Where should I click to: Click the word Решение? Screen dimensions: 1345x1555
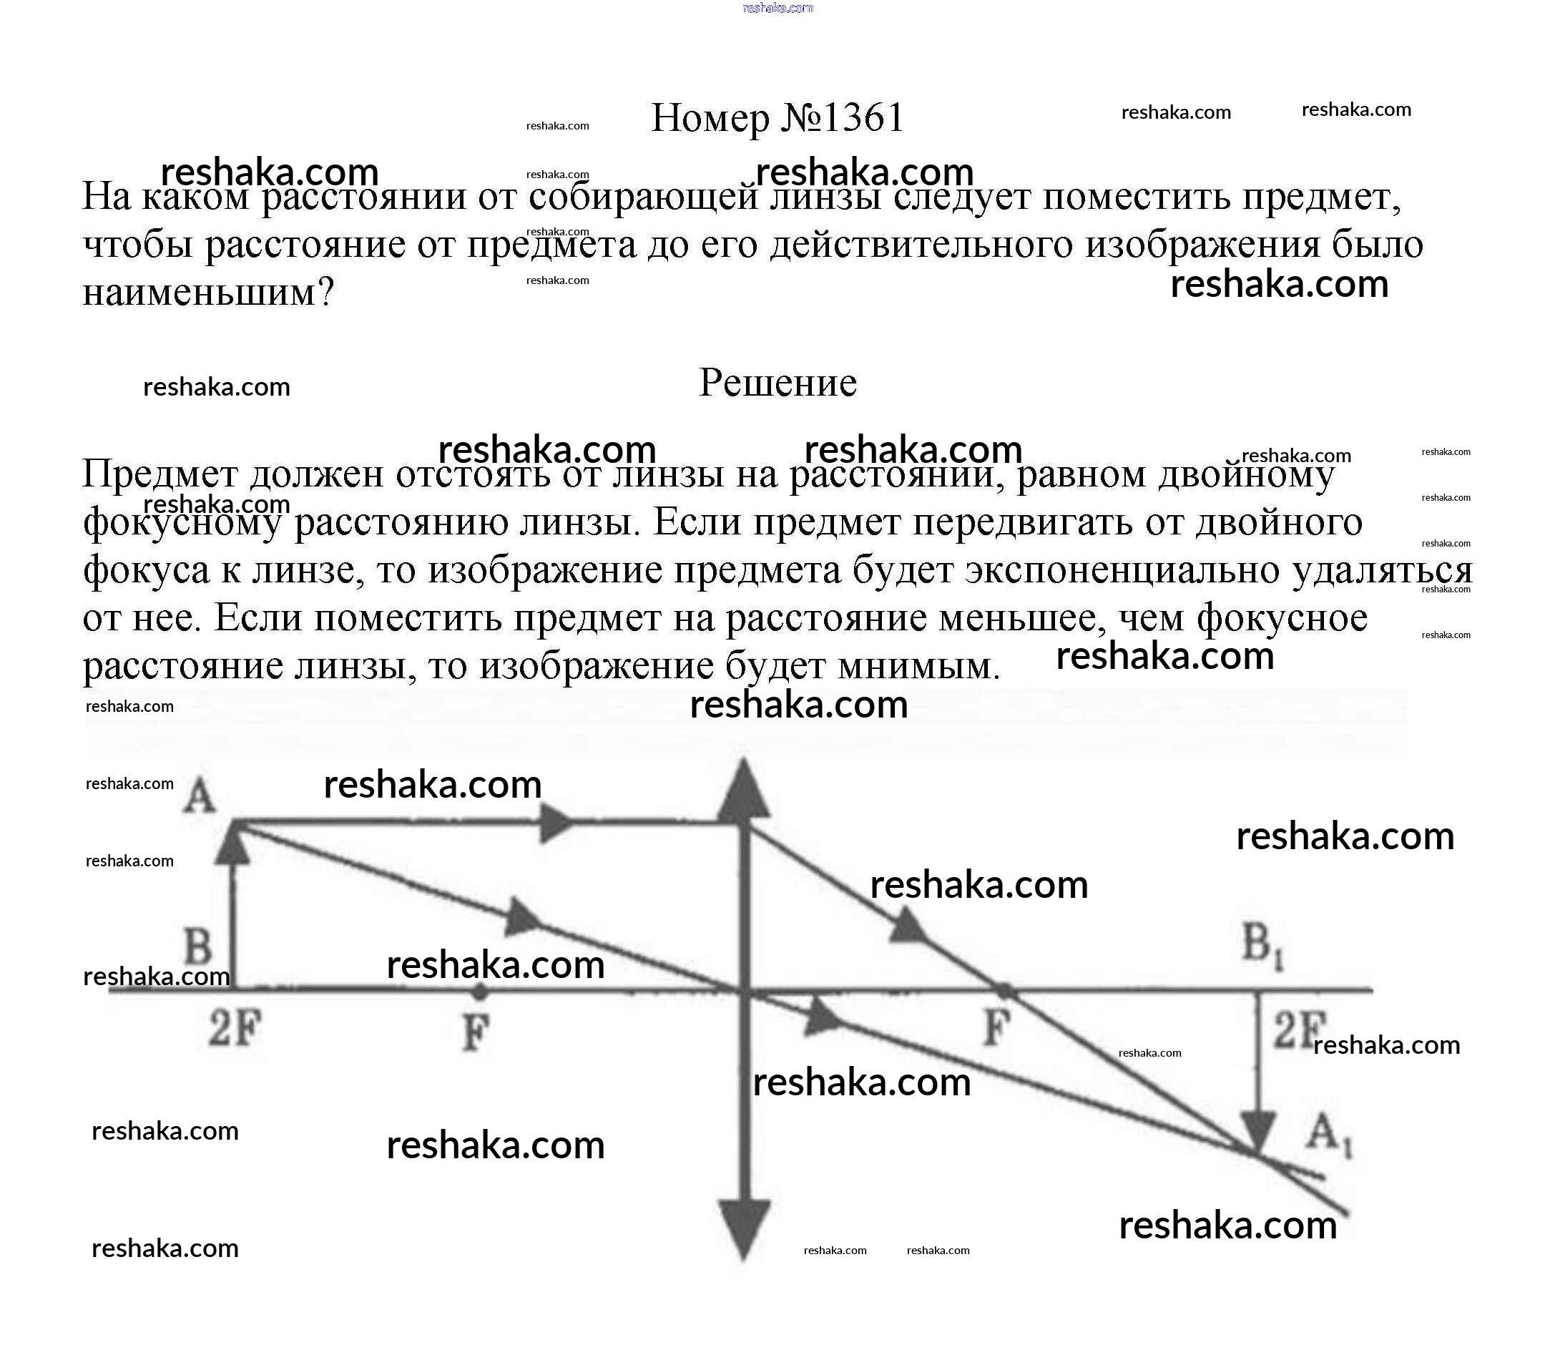777,383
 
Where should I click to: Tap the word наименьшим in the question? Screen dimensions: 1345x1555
200,293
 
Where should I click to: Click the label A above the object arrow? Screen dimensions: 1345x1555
199,796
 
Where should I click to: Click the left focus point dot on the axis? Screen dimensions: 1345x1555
479,992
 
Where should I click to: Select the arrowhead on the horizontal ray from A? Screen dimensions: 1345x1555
555,824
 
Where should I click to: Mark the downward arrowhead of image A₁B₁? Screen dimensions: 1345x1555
1259,1133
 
